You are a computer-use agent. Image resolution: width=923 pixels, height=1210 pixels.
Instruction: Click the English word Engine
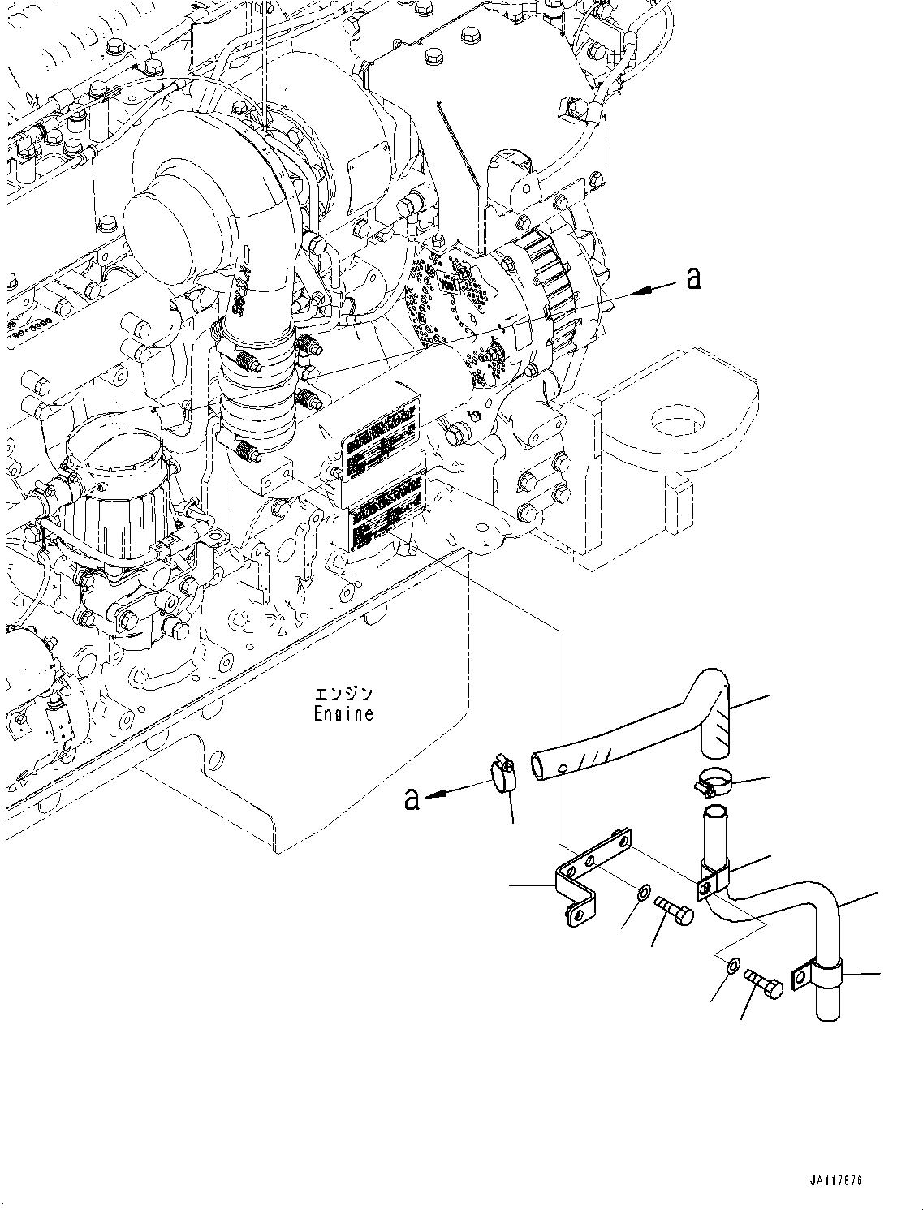343,714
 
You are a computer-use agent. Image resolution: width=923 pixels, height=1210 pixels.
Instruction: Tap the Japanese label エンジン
344,694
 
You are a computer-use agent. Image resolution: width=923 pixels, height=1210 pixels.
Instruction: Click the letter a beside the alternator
692,278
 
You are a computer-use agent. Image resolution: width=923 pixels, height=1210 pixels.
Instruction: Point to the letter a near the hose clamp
412,799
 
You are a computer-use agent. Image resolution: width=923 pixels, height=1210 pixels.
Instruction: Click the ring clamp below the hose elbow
714,783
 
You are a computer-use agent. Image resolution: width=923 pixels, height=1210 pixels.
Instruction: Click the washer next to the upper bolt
642,894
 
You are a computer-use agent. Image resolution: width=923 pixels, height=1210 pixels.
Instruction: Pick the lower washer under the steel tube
731,966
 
